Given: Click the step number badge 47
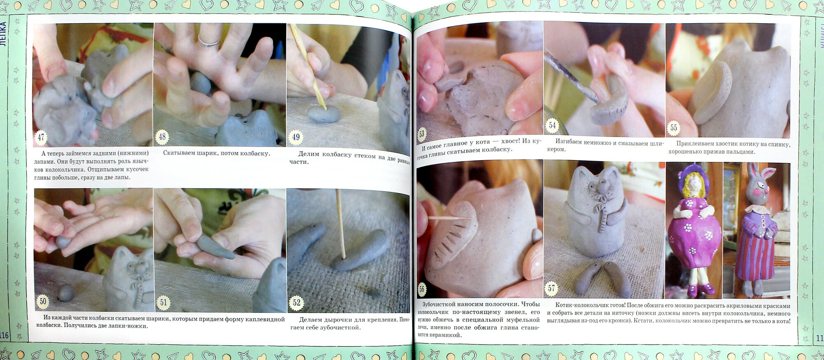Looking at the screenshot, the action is click(x=41, y=137).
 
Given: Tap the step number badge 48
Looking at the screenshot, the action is click(x=162, y=137).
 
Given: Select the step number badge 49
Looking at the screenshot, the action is click(x=295, y=137).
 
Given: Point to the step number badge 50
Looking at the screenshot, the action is click(x=43, y=302).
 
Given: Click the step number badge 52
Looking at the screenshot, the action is click(x=297, y=303).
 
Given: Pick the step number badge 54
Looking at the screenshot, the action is click(x=552, y=125).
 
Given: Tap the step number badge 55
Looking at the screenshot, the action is click(x=674, y=128).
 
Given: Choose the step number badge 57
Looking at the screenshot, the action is click(x=552, y=288).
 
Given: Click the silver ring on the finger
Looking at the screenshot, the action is click(x=209, y=41).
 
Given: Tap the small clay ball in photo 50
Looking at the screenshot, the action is click(x=66, y=293).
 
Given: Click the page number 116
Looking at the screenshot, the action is click(x=4, y=335).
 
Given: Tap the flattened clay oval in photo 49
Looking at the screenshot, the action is click(x=323, y=114).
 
